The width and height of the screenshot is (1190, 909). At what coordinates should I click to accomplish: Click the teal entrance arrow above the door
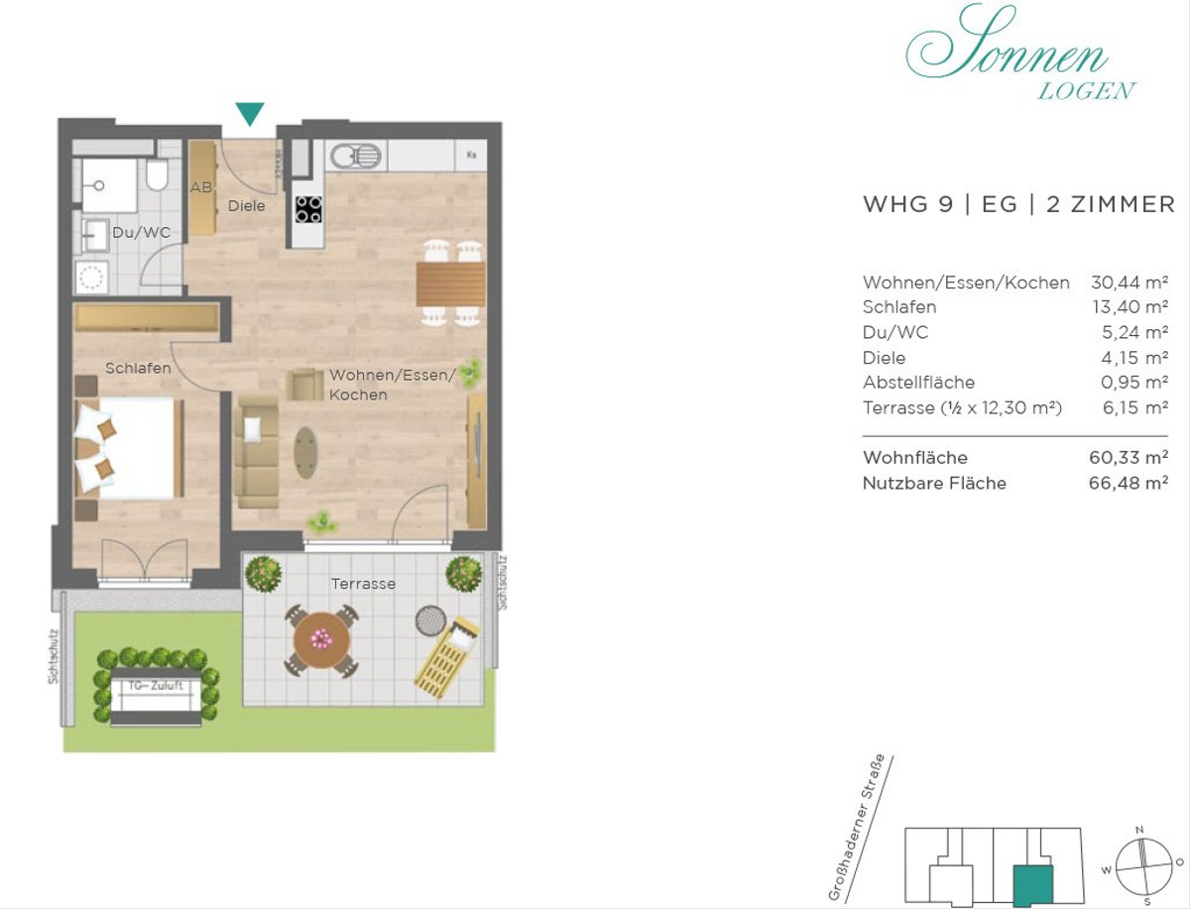click(x=250, y=113)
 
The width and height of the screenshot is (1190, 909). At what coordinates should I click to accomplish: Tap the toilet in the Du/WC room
click(x=158, y=174)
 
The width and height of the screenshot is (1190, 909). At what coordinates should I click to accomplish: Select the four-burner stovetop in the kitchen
click(x=308, y=209)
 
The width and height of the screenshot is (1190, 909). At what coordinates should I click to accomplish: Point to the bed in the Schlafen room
click(x=130, y=448)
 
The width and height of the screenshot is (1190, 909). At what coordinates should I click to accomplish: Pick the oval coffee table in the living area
click(x=306, y=452)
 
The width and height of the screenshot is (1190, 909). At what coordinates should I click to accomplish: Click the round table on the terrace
click(x=322, y=640)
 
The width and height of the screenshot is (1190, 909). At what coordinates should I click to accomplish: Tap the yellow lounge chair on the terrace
click(x=446, y=656)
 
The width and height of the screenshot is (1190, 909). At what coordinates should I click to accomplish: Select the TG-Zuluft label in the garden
click(x=156, y=686)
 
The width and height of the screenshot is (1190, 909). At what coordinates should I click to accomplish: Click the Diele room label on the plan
click(x=247, y=206)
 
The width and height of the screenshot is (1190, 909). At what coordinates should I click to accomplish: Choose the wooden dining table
click(x=451, y=284)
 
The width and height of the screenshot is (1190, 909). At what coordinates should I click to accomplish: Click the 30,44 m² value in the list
click(x=1130, y=283)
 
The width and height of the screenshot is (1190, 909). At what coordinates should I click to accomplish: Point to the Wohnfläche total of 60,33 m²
click(x=1129, y=458)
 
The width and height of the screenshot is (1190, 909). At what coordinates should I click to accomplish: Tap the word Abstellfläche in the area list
click(x=919, y=383)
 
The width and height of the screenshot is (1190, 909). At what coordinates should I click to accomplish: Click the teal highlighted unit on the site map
click(x=1033, y=883)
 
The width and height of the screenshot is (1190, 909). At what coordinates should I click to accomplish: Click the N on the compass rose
click(x=1139, y=830)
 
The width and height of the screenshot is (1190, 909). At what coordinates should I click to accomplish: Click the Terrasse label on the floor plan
click(x=363, y=584)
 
